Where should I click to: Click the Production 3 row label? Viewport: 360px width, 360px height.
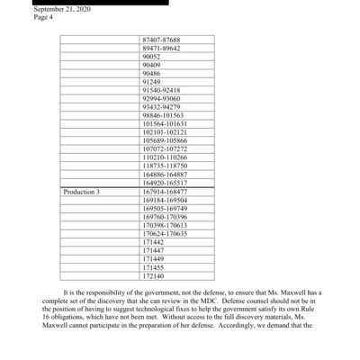82,192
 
